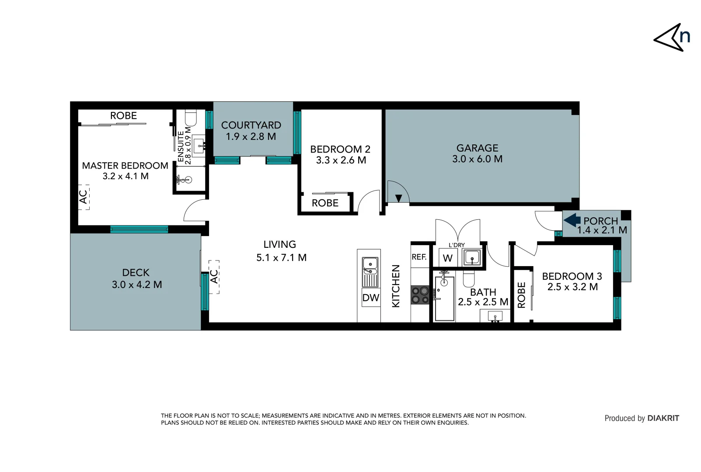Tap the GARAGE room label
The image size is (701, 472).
pos(477,148)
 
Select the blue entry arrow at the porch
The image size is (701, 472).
pos(572,220)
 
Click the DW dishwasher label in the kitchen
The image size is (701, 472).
pos(371,298)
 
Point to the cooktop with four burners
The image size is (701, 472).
pos(420,295)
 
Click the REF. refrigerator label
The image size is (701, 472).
pos(419,257)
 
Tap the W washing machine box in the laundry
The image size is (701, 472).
pos(448,258)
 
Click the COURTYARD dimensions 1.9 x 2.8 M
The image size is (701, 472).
pos(251,136)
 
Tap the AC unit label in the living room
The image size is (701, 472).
pos(214,277)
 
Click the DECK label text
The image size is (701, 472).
pos(136,273)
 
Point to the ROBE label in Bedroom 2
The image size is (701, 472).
pos(325,203)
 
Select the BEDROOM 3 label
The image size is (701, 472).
pos(572,276)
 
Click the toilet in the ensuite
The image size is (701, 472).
pos(191,118)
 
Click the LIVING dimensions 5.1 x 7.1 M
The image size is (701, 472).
pos(281,258)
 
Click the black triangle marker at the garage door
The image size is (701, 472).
pos(398,198)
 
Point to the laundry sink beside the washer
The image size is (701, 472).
pos(472,257)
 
